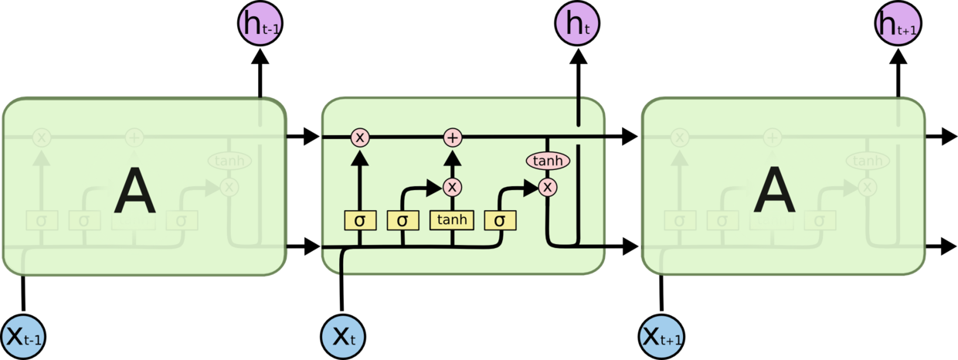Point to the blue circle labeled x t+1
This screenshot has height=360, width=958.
(x=662, y=337)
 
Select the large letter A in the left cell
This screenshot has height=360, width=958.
(x=134, y=193)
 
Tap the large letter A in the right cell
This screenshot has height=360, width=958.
(x=774, y=193)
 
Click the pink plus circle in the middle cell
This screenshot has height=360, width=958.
(x=453, y=138)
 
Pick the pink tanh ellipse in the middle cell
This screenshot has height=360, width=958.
(x=548, y=161)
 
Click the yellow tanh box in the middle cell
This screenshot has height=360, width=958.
(x=452, y=220)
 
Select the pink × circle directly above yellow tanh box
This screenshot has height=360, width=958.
(x=453, y=187)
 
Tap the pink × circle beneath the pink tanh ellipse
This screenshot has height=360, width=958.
(x=548, y=187)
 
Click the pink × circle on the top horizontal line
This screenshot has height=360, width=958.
(x=359, y=138)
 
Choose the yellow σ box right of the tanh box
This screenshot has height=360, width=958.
(x=500, y=220)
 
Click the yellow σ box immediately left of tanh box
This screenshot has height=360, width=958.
(x=403, y=220)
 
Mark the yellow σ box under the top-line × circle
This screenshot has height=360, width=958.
(x=359, y=220)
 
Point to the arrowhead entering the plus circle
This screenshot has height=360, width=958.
(x=453, y=157)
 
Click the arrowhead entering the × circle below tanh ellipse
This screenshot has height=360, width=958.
(x=532, y=187)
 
